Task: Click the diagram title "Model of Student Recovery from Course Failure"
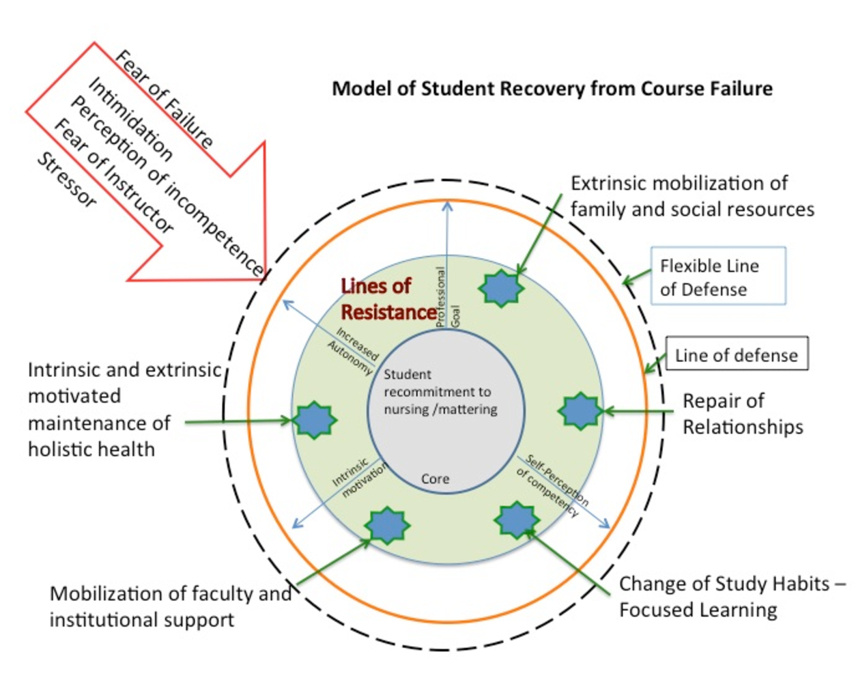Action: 552,89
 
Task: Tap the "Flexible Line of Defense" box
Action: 717,276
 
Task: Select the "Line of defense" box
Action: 737,354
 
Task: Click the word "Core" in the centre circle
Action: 435,479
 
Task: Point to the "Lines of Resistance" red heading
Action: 387,299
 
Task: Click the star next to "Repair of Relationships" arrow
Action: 580,411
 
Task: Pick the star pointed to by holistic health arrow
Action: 315,420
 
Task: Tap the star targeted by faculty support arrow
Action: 386,525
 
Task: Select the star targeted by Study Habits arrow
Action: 516,520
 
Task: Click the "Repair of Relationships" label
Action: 743,414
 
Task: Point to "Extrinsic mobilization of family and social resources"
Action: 691,196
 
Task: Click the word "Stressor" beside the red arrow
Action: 66,180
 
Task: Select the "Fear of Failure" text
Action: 164,98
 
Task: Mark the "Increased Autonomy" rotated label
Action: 353,350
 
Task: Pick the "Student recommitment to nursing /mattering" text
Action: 440,392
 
